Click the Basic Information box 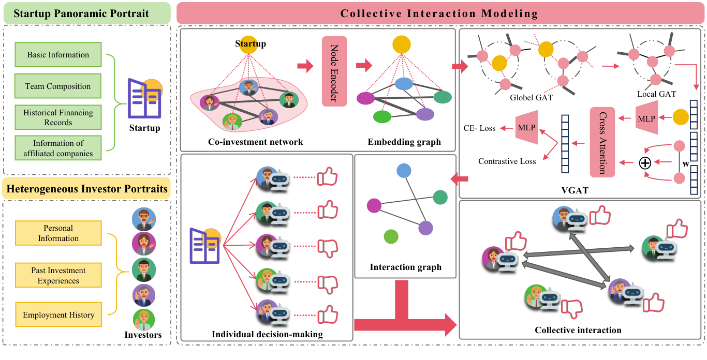coord(58,55)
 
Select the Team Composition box coord(58,86)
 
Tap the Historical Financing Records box coord(58,117)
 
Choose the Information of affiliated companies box coord(58,148)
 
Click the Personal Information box coord(58,233)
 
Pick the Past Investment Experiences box coord(58,276)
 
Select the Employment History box coord(58,314)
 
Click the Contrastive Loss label coord(507,161)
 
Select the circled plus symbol coord(645,163)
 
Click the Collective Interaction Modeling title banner coord(439,13)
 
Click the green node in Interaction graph coord(391,237)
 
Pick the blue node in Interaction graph coord(404,171)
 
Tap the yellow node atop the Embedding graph coord(401,44)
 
